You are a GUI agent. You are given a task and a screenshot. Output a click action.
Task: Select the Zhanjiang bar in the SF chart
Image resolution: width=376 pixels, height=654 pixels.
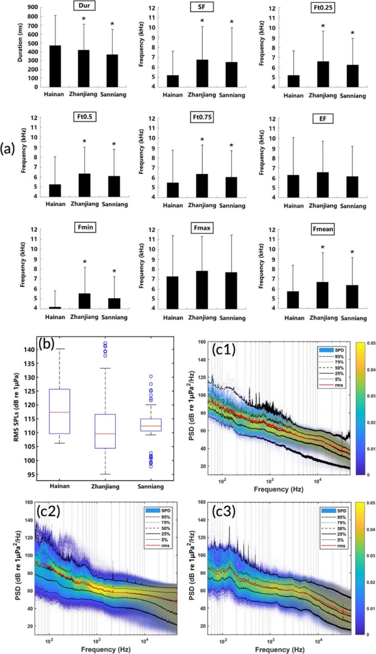coord(202,73)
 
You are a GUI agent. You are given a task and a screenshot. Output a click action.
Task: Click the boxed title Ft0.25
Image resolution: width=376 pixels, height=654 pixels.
coord(323,7)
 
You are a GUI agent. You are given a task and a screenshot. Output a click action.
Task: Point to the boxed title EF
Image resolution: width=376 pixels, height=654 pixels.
coord(323,119)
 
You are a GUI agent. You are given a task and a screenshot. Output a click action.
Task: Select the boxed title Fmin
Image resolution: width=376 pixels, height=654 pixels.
coord(85,227)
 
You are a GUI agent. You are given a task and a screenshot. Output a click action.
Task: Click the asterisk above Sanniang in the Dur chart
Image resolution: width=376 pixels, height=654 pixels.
coord(112,24)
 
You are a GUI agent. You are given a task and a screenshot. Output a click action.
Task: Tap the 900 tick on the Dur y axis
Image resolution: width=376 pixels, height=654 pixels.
coord(33,7)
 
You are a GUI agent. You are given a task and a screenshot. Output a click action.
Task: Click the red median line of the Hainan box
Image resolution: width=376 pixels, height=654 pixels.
coord(59,412)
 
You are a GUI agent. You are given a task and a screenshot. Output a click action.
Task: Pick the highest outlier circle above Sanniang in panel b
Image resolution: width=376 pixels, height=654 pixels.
coord(151,376)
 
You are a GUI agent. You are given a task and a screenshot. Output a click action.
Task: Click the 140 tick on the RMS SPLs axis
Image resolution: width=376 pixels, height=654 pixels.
coord(29,349)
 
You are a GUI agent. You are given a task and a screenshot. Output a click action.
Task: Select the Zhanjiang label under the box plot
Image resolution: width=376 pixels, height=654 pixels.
coord(105,486)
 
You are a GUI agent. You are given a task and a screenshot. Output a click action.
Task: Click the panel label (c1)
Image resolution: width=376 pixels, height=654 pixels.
coord(223,349)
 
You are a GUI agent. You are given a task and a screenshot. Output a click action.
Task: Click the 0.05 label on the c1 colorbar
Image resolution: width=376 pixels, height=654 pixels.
coord(371,343)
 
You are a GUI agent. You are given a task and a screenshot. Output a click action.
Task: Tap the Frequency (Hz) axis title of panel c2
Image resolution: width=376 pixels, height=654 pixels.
coord(106,649)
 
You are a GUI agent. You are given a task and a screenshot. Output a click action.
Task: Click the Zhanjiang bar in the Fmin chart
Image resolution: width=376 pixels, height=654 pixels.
coord(85,301)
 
